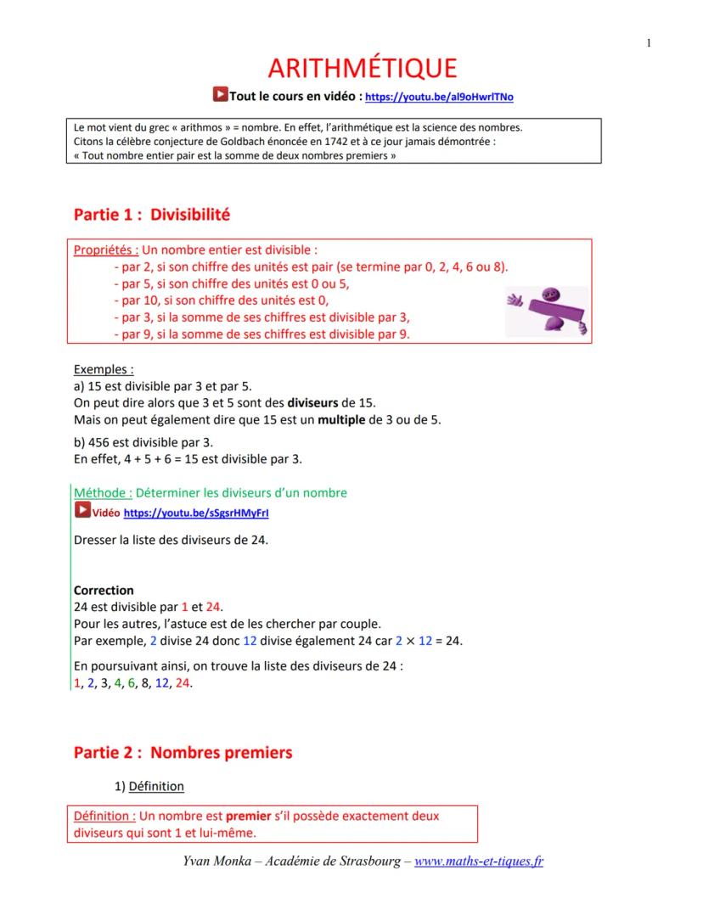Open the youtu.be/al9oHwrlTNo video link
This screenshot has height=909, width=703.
[438, 98]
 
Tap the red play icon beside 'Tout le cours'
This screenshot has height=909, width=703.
[219, 96]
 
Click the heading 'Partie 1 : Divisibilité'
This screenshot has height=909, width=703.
[152, 215]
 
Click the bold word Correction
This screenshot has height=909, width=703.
[104, 590]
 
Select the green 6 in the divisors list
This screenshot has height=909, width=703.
[132, 683]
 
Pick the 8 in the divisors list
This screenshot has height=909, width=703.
[145, 683]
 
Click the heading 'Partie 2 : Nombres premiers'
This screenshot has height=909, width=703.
[183, 752]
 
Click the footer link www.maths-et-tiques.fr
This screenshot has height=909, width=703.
[479, 861]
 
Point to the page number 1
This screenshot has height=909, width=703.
[649, 43]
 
